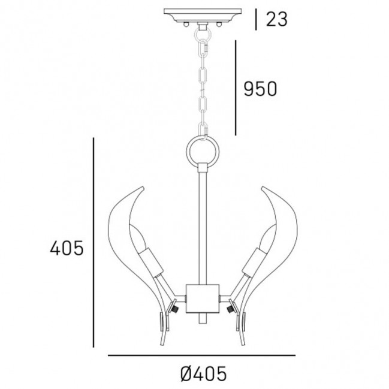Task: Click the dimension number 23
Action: coord(277,19)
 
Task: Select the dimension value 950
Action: coord(260,89)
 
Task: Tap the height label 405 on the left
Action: coord(67,248)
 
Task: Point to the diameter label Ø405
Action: coord(203,373)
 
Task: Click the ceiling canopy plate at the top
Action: coord(203,15)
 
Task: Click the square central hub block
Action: coord(203,298)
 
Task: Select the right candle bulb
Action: coord(268,237)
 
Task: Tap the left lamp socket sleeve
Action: coord(151,262)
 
